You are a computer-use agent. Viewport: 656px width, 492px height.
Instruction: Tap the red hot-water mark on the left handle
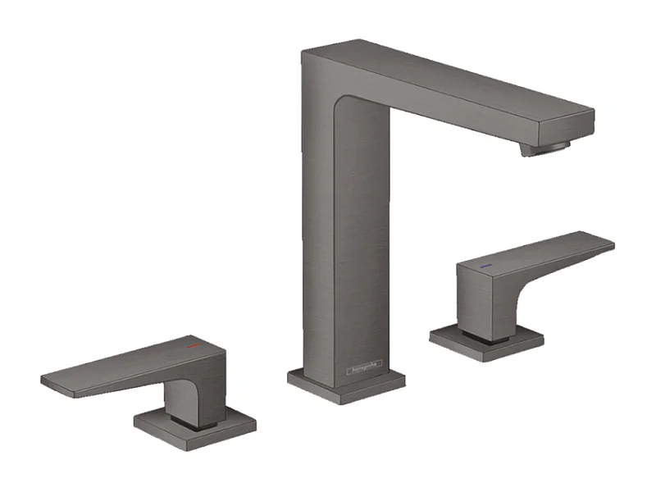coord(194,348)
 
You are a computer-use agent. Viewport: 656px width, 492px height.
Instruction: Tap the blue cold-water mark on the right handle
coord(485,267)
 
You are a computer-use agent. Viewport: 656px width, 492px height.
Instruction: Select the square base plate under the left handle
coord(195,421)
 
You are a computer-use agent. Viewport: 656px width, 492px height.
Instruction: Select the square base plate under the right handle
coord(487,341)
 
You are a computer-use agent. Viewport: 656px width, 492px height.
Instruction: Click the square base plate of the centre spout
coord(346,383)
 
